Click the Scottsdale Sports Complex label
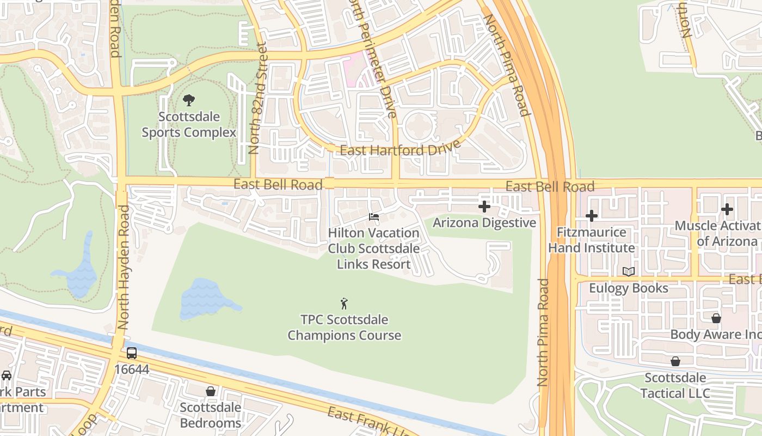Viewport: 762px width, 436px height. (189, 125)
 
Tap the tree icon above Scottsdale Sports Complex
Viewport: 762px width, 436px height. (189, 100)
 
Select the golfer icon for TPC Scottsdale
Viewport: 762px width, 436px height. (344, 304)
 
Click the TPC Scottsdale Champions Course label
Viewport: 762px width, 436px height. (344, 327)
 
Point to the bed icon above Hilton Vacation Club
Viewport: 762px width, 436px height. (374, 217)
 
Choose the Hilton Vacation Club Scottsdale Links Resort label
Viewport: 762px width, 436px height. (373, 249)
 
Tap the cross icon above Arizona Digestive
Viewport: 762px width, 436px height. (484, 207)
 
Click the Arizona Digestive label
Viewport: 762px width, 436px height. (484, 223)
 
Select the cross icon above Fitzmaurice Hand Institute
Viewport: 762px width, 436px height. (592, 216)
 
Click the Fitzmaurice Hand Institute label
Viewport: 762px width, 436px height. (592, 240)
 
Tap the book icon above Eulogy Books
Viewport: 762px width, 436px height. (629, 271)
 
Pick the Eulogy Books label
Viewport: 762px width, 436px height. (629, 288)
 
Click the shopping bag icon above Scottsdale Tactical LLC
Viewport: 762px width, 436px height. (675, 361)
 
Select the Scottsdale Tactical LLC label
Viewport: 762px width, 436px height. (675, 385)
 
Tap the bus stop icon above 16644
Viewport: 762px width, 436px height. (132, 353)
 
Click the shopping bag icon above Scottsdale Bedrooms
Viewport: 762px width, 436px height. (211, 391)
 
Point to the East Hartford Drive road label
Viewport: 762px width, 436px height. (400, 148)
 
